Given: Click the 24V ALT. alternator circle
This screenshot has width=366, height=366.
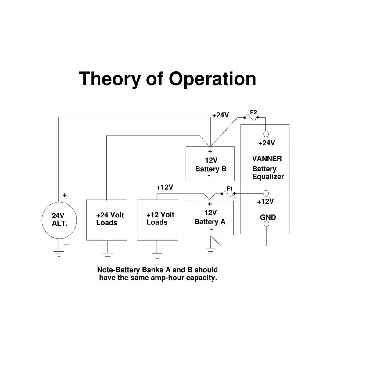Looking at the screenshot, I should tap(59, 220).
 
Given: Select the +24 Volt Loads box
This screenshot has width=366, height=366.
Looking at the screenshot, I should tap(107, 220).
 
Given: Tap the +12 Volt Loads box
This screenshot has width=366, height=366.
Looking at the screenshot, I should tap(157, 220).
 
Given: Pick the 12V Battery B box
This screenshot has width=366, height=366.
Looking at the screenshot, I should tap(210, 164).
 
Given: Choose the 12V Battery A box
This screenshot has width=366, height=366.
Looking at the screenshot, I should tap(210, 218).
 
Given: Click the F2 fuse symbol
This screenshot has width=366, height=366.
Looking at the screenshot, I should tap(251, 117).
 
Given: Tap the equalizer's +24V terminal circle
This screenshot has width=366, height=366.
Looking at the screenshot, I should tap(266, 134).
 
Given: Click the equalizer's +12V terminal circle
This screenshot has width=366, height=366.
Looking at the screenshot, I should tap(266, 193).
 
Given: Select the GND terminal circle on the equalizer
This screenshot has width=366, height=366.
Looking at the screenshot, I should tap(266, 224).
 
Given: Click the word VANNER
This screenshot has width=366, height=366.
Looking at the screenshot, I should tap(267, 159).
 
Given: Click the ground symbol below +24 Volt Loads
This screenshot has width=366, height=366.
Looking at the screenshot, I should tap(107, 256).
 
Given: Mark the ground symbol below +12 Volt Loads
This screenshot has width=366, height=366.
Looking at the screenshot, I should tap(157, 256).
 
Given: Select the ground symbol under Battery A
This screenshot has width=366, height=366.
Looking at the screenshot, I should tap(210, 251).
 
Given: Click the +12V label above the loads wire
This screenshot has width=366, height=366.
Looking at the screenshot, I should tap(165, 187).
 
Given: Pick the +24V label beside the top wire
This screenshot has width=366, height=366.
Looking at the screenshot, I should tap(221, 115).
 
